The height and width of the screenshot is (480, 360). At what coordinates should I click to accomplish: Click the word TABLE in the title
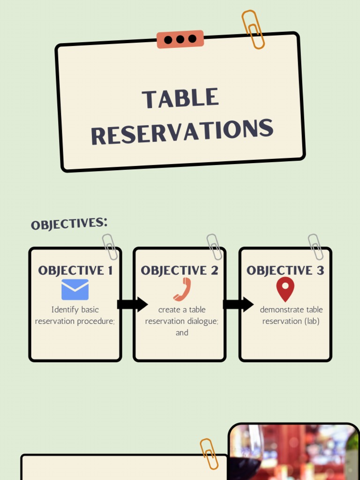(x=180, y=98)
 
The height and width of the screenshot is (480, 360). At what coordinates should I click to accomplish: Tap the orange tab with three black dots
(x=180, y=39)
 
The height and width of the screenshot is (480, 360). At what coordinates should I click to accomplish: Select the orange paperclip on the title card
(x=253, y=29)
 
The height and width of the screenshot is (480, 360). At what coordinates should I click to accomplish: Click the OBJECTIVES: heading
(x=69, y=224)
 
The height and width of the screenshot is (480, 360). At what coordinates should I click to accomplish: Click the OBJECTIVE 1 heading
(x=75, y=270)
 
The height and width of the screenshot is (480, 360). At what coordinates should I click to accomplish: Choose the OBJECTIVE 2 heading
(x=180, y=270)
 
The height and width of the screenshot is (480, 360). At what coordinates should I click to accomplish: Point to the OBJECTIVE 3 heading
(x=285, y=270)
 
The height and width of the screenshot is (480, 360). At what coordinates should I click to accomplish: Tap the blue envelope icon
(x=75, y=290)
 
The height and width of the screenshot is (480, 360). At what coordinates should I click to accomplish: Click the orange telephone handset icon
(x=182, y=289)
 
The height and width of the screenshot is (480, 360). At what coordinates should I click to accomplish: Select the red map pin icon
(x=285, y=289)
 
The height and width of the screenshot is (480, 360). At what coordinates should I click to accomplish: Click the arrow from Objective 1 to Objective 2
(x=132, y=304)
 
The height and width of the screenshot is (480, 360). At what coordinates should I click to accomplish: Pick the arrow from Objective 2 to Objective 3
(x=238, y=304)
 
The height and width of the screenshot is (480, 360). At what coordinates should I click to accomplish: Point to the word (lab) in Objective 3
(x=312, y=321)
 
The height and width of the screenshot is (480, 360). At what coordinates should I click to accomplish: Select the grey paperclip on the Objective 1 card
(x=110, y=247)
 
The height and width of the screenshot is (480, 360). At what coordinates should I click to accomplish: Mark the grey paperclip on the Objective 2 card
(x=215, y=247)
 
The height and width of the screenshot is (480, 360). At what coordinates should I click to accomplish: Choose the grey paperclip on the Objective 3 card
(x=315, y=247)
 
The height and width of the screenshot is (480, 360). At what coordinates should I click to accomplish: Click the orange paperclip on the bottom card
(x=209, y=453)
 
